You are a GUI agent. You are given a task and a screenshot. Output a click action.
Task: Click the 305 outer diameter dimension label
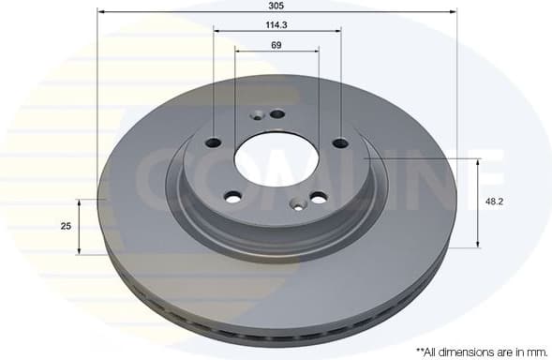pos(276,4)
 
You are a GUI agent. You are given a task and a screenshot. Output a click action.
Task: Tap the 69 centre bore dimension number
pos(276,44)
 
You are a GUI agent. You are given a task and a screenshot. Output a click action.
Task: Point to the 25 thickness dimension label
pos(66,227)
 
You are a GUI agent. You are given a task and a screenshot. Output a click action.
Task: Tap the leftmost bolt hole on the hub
pos(213,142)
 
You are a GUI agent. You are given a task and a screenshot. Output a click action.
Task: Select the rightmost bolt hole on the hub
pos(340,142)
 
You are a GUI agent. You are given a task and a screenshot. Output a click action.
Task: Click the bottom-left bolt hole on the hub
pos(233,196)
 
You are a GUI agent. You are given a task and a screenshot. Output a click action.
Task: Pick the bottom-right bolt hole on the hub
pos(319,197)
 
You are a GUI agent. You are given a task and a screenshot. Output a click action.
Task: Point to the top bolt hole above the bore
pos(276,114)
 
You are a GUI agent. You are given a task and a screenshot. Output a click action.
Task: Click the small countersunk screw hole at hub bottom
pos(297,201)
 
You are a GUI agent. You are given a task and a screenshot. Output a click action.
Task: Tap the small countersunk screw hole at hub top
pos(255,115)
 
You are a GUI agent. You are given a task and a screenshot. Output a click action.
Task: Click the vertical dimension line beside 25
pos(80,227)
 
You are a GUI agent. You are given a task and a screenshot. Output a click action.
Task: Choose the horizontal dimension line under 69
pos(276,51)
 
